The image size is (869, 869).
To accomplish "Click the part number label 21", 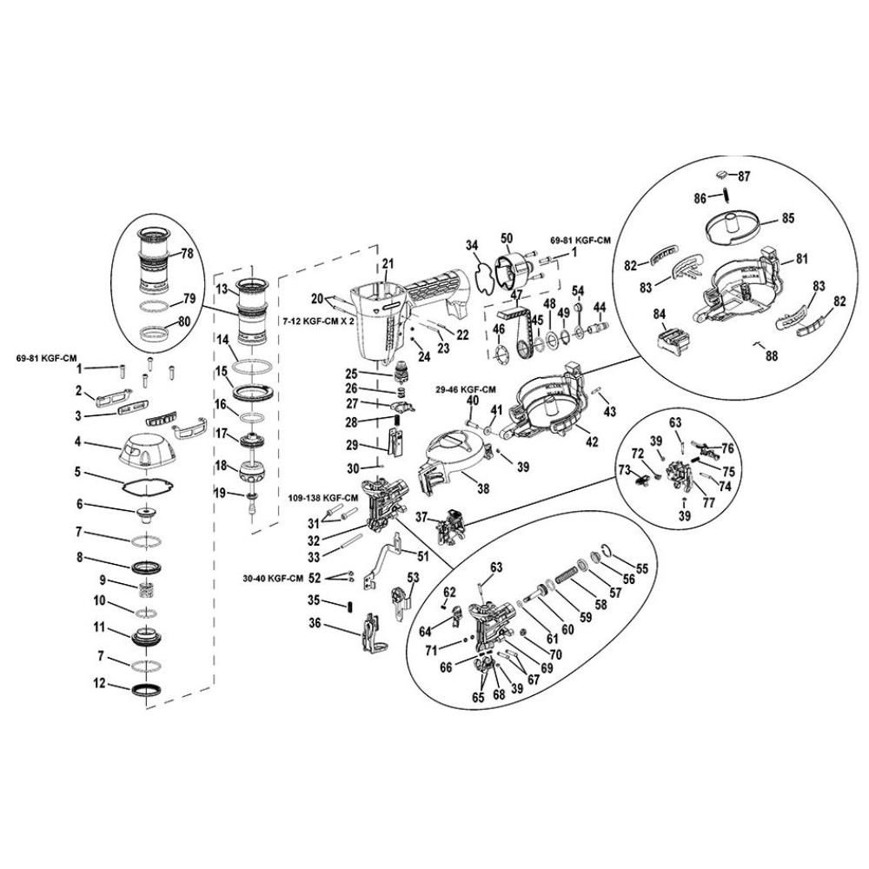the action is [388, 263].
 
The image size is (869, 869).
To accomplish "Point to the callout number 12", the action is [99, 683].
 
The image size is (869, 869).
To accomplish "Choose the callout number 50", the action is [507, 238].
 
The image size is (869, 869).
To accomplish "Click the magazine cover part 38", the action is [452, 457].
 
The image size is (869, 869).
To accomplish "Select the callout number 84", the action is [659, 315].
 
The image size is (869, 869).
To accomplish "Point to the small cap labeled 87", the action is [722, 175].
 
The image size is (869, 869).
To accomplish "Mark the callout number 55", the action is [641, 568].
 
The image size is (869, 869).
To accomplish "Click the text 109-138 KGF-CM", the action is [323, 498].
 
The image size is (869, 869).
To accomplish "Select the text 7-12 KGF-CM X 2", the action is [318, 321].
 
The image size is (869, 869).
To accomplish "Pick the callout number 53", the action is [413, 578].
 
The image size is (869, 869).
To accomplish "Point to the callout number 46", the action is [499, 329].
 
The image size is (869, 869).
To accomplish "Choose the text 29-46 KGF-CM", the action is [466, 389].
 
